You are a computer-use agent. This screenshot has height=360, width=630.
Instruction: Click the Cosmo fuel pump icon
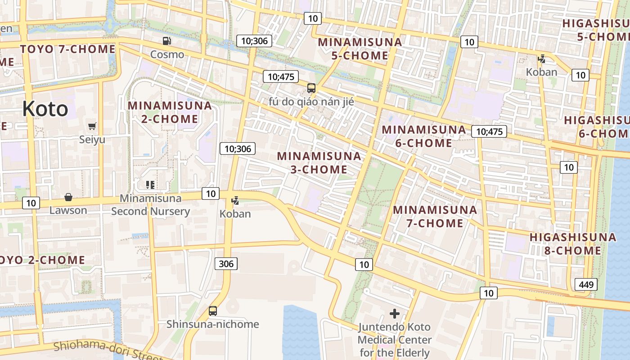(x=167, y=41)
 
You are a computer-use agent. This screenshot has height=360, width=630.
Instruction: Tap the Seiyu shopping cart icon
(x=92, y=126)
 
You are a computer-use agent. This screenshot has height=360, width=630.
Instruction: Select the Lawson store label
(x=68, y=210)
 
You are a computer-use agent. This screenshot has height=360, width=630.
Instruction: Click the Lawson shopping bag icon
(x=68, y=197)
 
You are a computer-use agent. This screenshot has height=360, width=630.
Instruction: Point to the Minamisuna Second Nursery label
(x=151, y=205)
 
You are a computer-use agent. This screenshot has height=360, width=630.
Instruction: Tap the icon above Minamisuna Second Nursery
(x=150, y=184)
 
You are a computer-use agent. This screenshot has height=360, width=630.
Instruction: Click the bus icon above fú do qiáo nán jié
(x=311, y=88)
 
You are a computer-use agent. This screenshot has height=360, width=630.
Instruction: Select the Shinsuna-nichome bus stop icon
(x=213, y=311)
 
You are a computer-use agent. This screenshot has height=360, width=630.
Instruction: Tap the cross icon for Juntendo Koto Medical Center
(x=395, y=314)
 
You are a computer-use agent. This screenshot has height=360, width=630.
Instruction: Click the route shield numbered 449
(x=586, y=284)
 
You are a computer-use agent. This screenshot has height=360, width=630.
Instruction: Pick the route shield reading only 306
(x=226, y=264)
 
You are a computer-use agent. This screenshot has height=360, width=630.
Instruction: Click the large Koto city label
(x=45, y=109)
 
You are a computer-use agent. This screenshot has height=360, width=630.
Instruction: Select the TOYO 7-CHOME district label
(x=68, y=49)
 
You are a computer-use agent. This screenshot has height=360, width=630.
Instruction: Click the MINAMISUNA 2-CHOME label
(x=170, y=112)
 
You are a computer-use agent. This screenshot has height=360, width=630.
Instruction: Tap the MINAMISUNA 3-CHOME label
(x=319, y=162)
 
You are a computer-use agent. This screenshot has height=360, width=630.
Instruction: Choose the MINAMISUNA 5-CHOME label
(x=360, y=49)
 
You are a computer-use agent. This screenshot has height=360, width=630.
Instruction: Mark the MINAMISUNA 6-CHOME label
(x=424, y=136)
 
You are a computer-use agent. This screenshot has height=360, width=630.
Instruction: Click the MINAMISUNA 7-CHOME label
(x=435, y=216)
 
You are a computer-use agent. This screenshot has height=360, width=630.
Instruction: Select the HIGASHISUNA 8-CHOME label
(x=572, y=243)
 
